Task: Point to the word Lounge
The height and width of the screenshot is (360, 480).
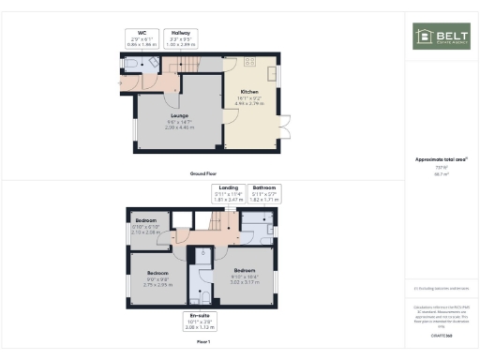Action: tap(179, 117)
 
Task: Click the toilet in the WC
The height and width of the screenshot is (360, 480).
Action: tap(132, 65)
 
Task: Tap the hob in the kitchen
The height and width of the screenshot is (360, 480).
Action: tap(249, 62)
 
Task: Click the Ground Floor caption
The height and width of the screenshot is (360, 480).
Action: tap(204, 174)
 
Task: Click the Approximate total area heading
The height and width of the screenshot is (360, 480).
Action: tap(441, 159)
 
